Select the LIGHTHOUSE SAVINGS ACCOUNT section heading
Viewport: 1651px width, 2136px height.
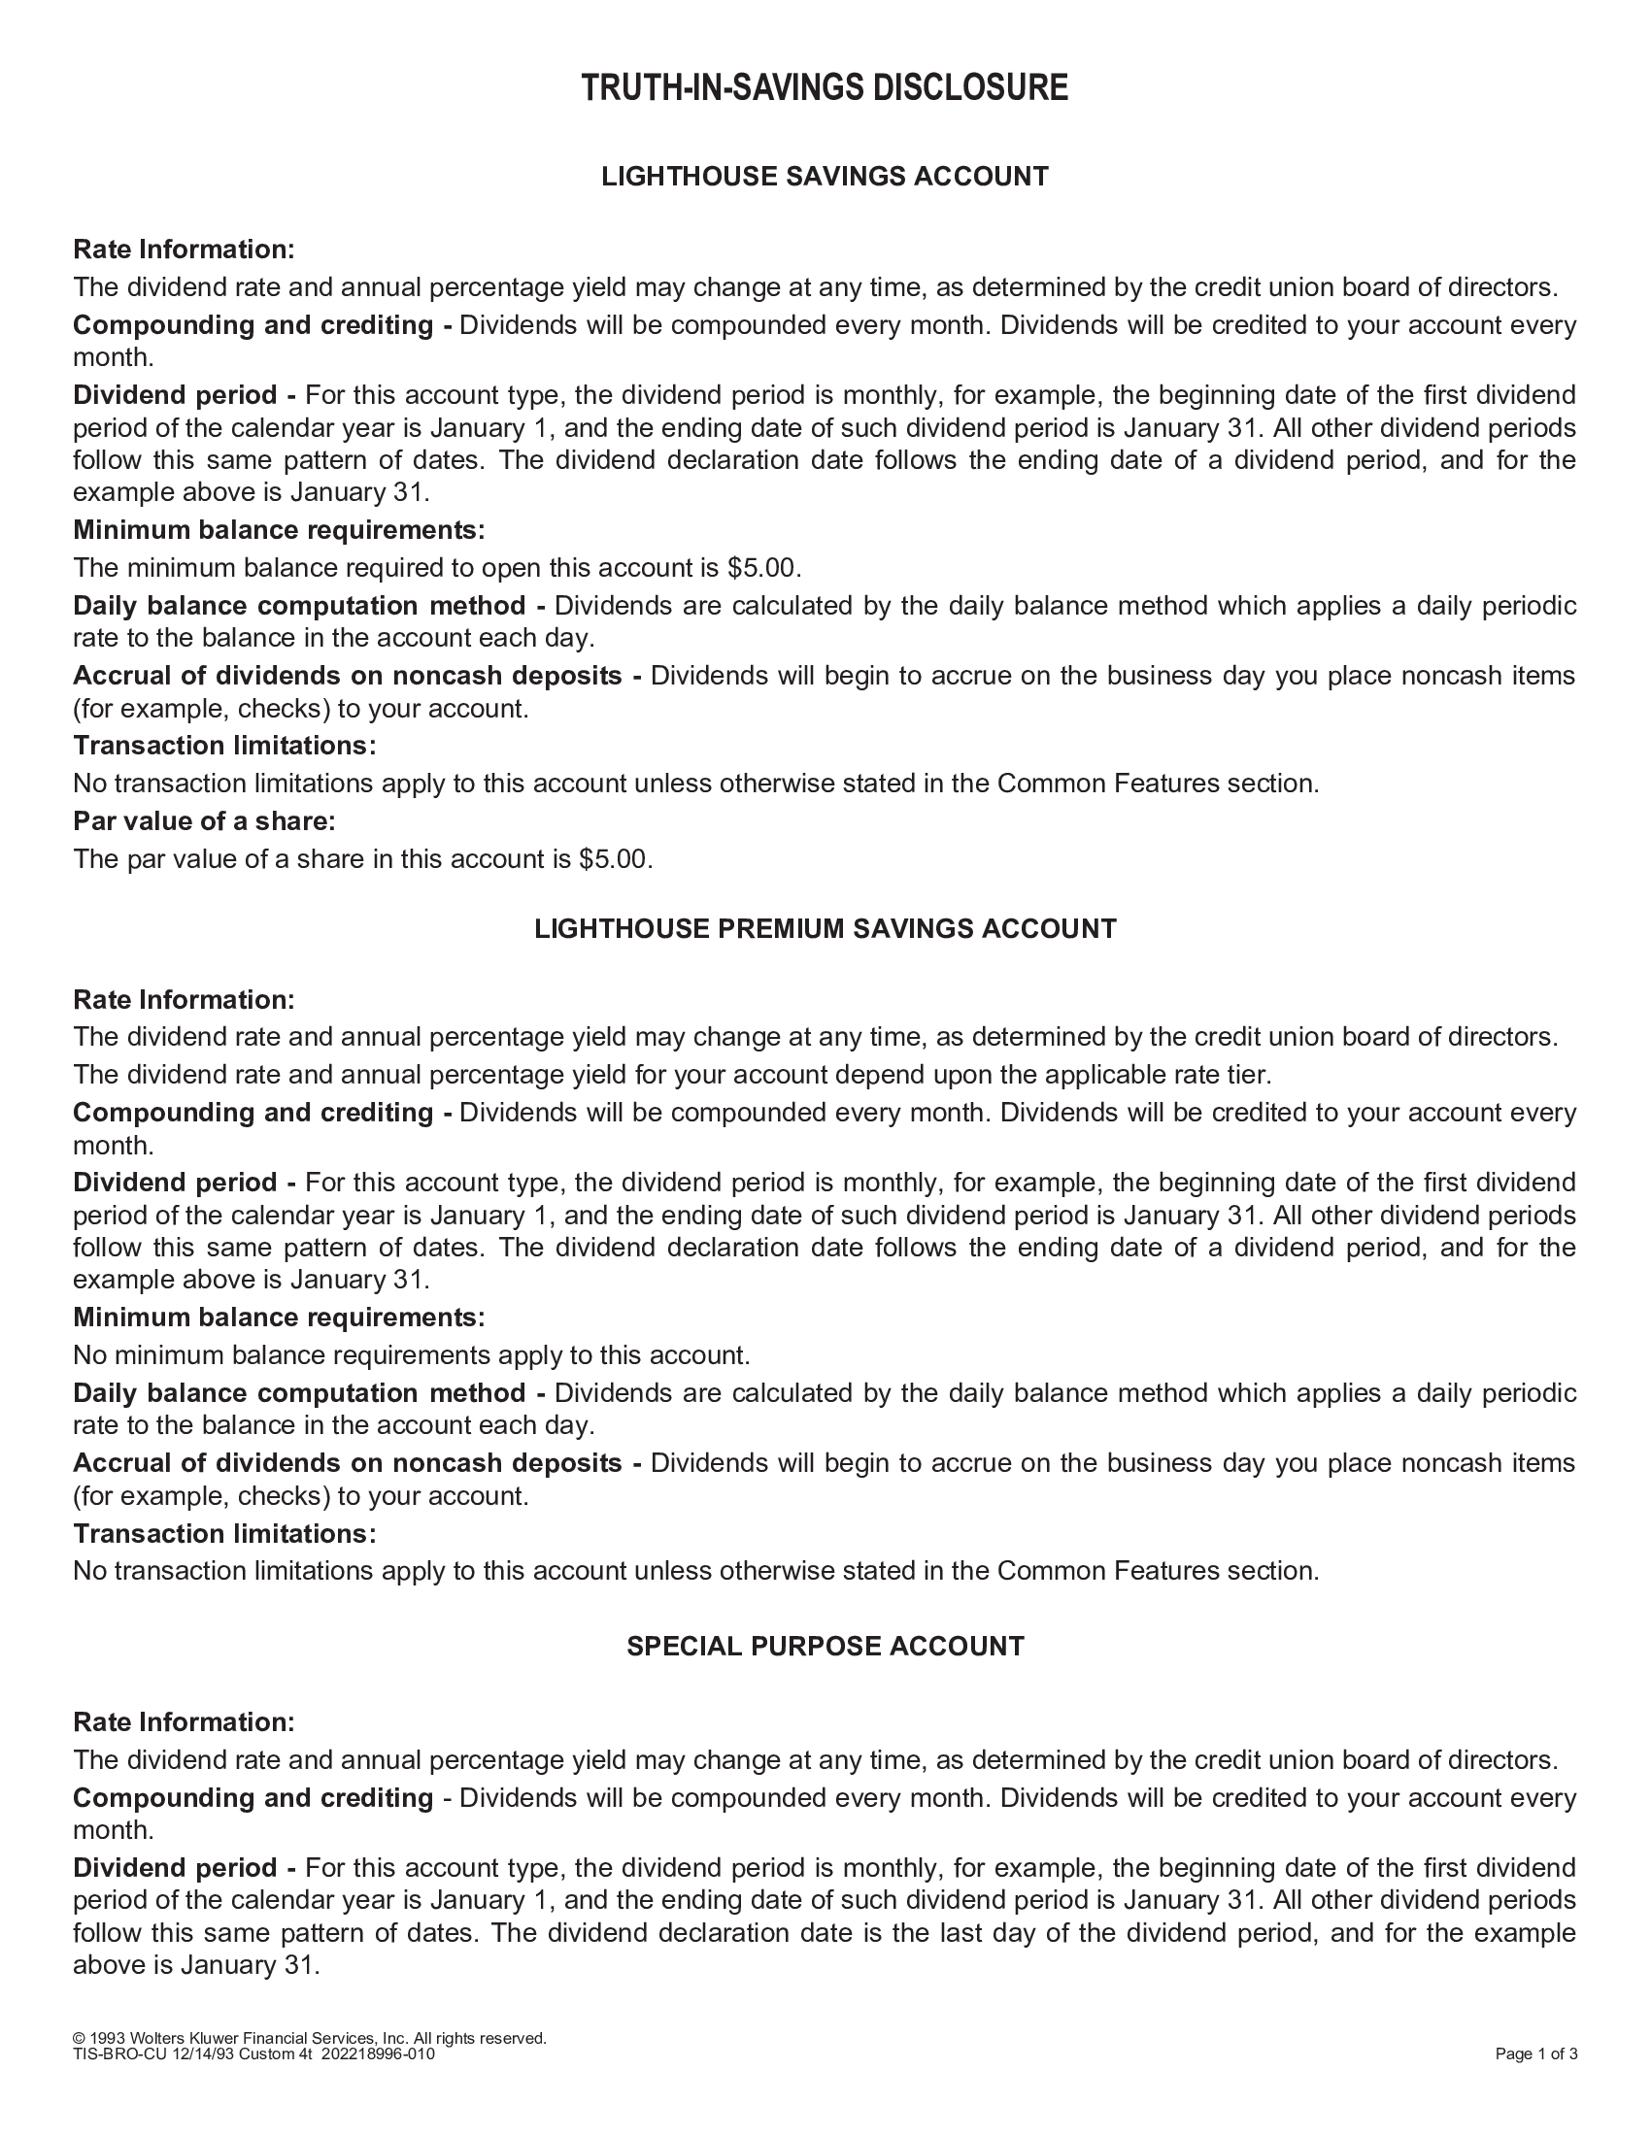[825, 177]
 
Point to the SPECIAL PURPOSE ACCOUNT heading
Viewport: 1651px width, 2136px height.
[825, 1647]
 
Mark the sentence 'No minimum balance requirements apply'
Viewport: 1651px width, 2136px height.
[411, 1356]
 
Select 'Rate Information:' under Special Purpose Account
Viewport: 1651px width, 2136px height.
[184, 1722]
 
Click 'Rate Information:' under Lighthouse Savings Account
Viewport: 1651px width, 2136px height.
[184, 250]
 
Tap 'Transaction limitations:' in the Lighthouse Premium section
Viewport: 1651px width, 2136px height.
[224, 1533]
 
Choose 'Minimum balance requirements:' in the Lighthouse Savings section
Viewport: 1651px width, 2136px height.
[279, 530]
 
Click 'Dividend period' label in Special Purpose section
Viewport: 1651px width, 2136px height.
[175, 1869]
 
